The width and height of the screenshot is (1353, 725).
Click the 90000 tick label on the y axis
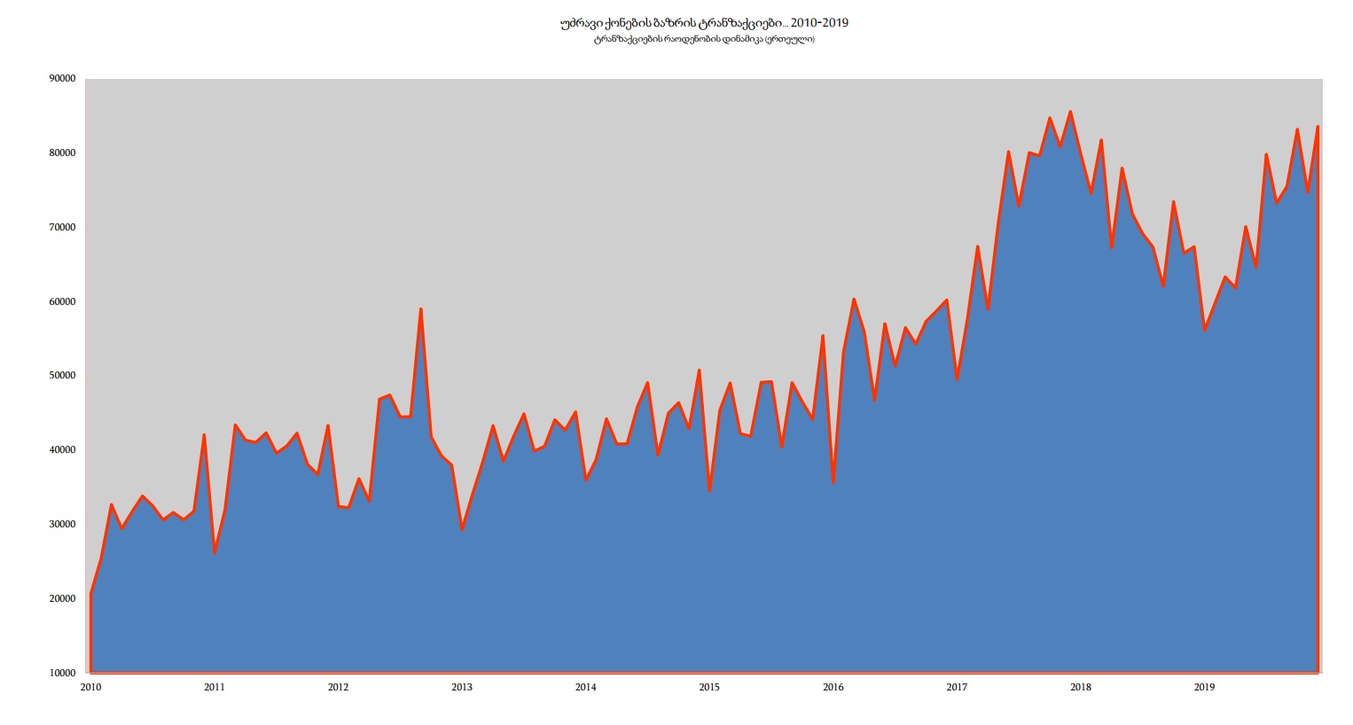[62, 79]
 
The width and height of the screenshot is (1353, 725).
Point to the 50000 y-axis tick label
[62, 376]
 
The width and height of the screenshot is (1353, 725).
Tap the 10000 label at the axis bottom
[62, 674]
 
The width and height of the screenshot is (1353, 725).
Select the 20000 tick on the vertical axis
[62, 599]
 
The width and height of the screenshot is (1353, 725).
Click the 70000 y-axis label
[62, 228]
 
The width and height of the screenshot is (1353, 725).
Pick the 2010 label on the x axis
[90, 687]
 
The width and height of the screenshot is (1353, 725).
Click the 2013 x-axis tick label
[462, 687]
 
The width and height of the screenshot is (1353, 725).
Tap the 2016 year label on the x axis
[833, 687]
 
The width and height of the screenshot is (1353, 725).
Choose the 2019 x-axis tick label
[1204, 687]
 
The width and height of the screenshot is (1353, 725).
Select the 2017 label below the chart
[957, 687]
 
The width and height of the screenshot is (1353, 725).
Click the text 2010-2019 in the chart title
[819, 23]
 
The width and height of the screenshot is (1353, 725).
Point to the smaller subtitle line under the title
[704, 40]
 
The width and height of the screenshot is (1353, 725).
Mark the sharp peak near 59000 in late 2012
[420, 309]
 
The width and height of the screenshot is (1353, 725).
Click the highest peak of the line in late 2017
[1070, 112]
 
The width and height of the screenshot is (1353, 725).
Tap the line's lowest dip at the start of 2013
[462, 529]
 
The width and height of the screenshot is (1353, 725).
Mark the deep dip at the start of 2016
[833, 482]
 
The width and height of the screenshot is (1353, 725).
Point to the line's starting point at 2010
[91, 593]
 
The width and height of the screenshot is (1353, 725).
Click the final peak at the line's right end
[1318, 127]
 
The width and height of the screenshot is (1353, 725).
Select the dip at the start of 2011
[215, 553]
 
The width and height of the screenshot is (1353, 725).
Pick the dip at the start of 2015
[709, 490]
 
